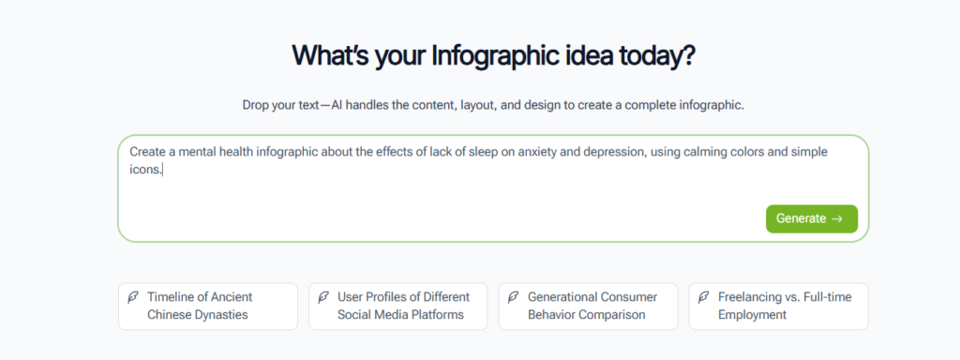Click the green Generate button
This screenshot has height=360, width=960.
811,218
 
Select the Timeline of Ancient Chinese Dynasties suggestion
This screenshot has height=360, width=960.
207,306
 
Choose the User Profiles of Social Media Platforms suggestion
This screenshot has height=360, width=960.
398,306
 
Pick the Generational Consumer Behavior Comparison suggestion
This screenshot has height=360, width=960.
589,306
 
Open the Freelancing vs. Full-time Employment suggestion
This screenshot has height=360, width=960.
779,306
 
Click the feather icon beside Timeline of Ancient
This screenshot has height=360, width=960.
134,297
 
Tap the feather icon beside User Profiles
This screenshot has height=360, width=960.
324,297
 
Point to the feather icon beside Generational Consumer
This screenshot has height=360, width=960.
514,297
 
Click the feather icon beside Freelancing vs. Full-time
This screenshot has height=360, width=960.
704,297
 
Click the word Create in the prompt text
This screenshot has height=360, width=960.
147,152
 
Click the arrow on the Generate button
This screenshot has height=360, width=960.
837,218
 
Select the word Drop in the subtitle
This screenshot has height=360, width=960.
257,105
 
